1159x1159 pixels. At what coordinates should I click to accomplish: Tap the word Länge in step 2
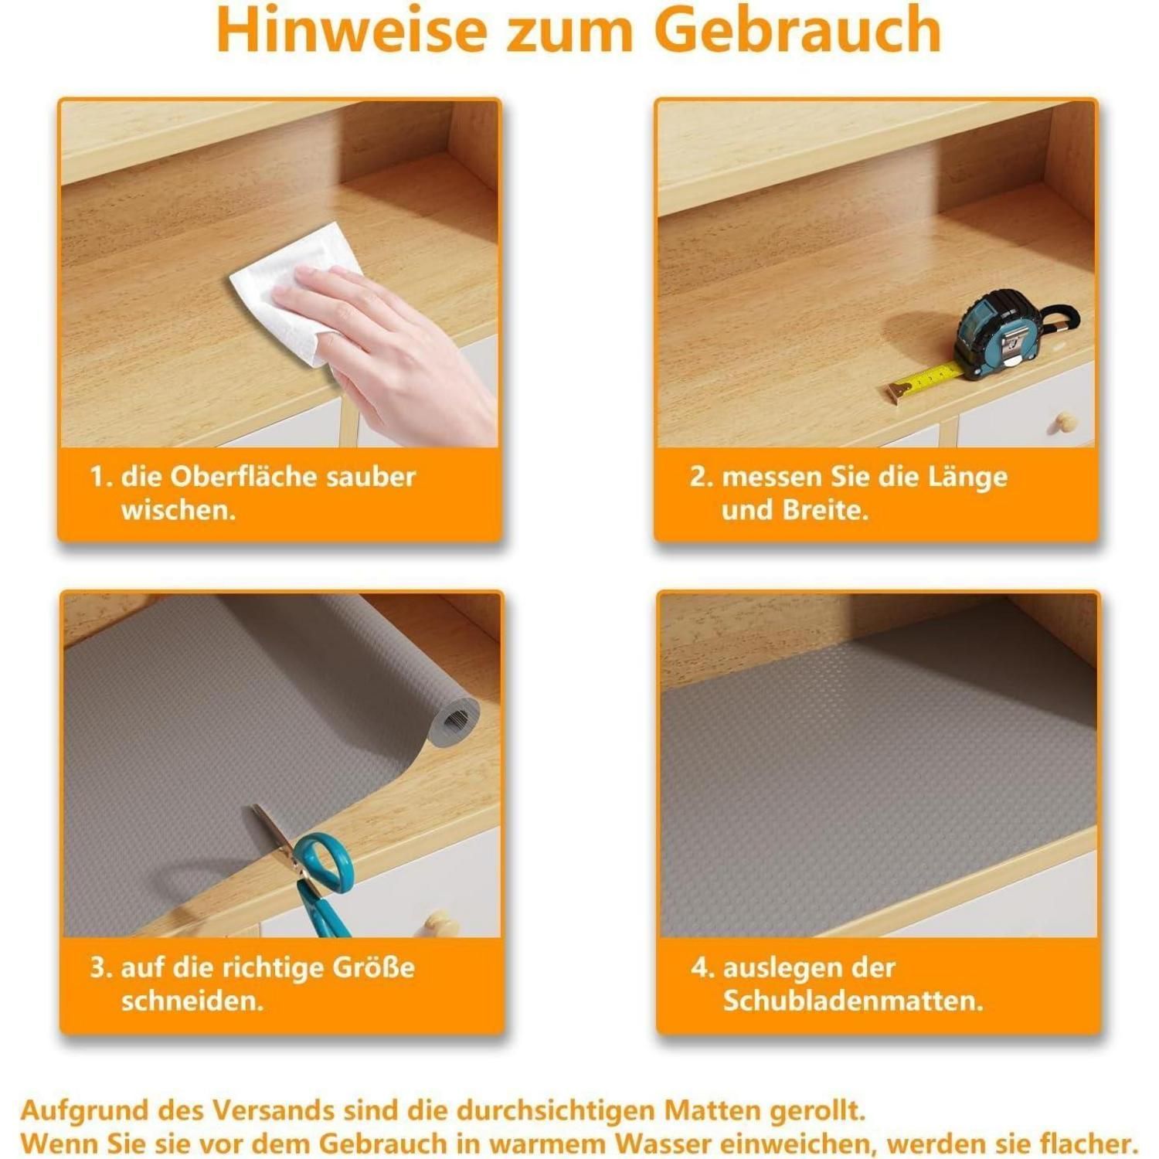pyautogui.click(x=968, y=478)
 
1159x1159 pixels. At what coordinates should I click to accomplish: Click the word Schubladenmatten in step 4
pyautogui.click(x=853, y=1001)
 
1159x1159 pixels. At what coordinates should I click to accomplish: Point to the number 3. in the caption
pyautogui.click(x=101, y=968)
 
